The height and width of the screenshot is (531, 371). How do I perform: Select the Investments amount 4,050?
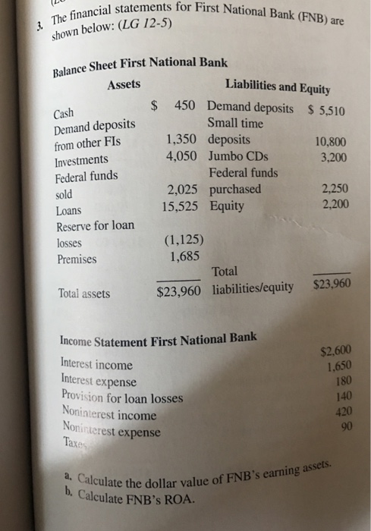(x=181, y=156)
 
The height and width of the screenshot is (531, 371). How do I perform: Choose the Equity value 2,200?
(x=334, y=206)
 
